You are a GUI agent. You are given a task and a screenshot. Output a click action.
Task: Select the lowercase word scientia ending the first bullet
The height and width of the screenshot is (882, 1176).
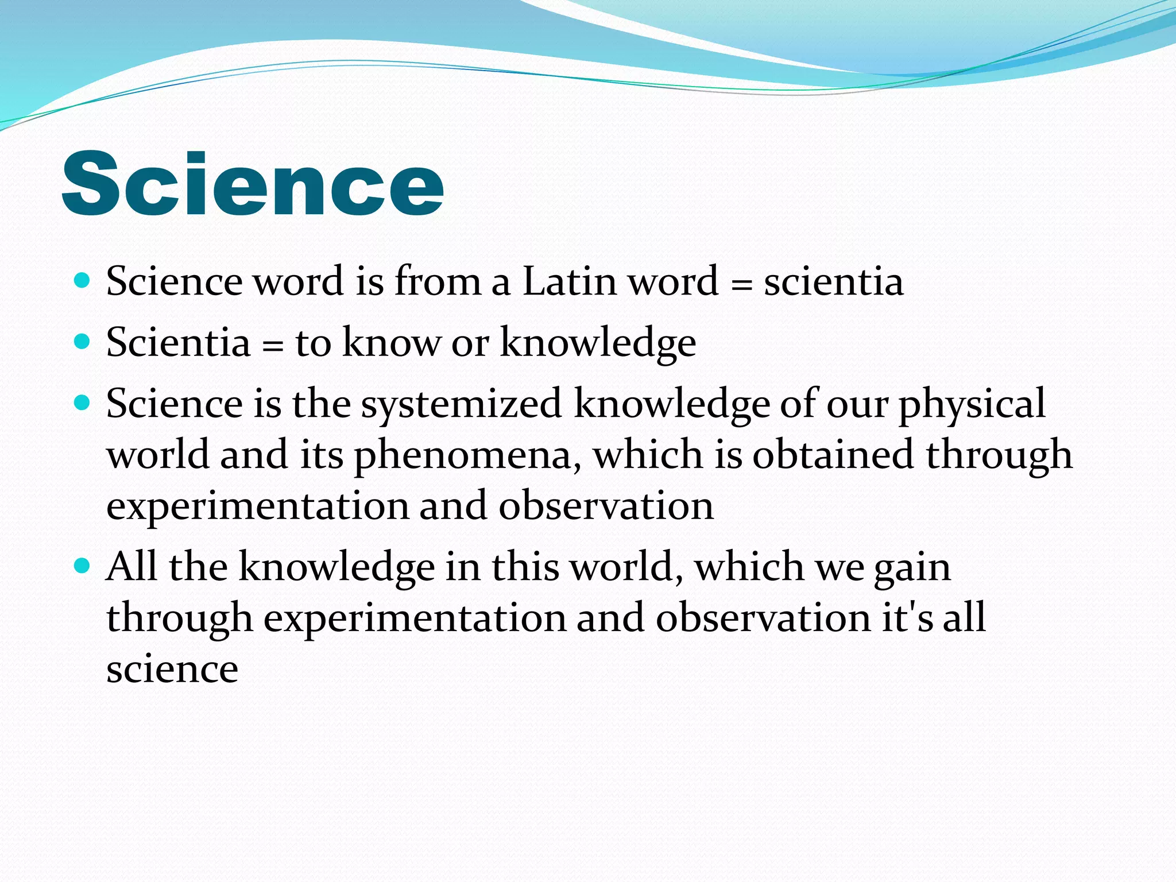click(x=833, y=281)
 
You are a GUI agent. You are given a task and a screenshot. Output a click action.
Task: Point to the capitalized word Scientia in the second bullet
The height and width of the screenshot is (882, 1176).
click(x=178, y=342)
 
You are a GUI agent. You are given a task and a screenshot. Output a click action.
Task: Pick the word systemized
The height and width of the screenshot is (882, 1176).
click(x=461, y=404)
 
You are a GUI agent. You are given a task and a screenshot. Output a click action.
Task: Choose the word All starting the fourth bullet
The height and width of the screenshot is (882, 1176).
click(x=131, y=566)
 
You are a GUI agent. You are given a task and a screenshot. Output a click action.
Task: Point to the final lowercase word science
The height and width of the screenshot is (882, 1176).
click(x=172, y=670)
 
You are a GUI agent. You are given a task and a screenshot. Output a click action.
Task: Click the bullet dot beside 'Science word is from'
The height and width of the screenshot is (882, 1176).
click(x=83, y=281)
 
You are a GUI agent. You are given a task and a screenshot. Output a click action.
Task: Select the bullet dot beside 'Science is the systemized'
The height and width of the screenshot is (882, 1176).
click(x=83, y=403)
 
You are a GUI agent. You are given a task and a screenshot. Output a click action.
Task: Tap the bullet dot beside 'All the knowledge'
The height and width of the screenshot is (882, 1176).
click(x=83, y=566)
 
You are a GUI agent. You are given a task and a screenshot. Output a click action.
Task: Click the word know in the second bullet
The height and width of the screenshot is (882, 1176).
click(x=391, y=342)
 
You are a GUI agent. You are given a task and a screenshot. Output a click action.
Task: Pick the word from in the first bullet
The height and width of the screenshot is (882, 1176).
click(x=438, y=281)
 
